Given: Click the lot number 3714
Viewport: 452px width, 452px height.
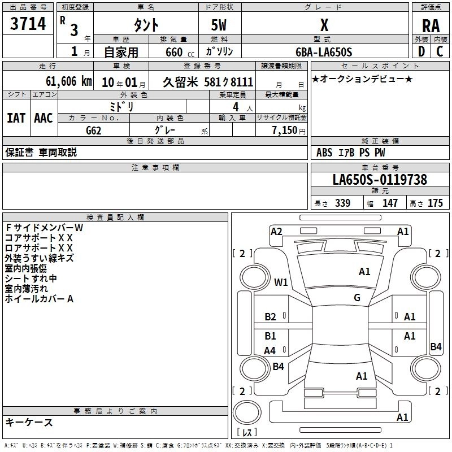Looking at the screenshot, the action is point(28,23).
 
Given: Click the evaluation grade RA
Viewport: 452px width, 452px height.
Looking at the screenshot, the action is point(431,25).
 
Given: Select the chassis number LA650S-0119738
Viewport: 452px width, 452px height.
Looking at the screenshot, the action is point(380,180).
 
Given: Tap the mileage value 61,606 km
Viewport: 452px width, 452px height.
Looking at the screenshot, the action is point(63,81).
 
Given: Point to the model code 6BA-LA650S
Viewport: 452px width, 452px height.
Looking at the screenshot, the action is point(324,52).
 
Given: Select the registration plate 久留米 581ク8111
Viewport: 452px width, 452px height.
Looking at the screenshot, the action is point(207,81).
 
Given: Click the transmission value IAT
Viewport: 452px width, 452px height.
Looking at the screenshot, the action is point(16,118).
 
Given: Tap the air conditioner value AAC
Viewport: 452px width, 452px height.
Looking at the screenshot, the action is point(44,118).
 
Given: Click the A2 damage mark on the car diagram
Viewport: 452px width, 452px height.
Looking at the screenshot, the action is point(276,231).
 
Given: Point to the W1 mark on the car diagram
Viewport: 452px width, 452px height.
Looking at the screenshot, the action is point(281,282).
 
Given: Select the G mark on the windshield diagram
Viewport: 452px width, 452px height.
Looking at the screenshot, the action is point(357,297).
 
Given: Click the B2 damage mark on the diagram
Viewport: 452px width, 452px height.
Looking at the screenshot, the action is point(271,317).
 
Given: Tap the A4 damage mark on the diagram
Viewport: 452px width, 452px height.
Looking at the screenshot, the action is point(270,351).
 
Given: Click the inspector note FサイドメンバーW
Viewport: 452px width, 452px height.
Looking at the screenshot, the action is point(44,228).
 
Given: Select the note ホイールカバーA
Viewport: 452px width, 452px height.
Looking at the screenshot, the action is point(40,299).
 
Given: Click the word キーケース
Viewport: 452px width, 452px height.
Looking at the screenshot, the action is point(29,422).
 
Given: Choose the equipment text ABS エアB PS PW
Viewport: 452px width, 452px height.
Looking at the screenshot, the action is point(351,153).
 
